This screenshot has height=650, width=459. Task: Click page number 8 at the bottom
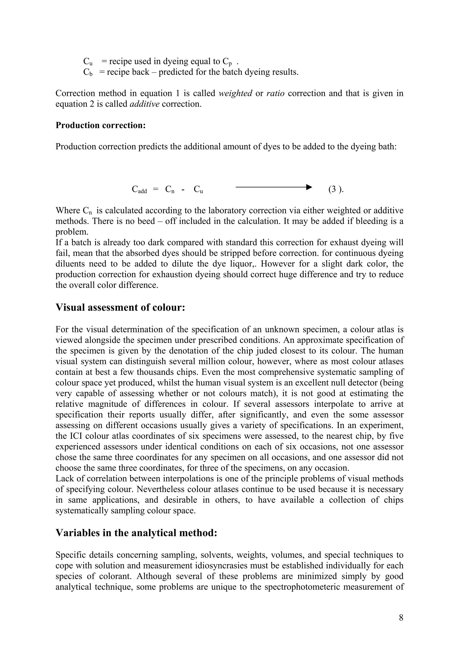401,617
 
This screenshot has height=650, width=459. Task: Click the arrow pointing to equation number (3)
273,187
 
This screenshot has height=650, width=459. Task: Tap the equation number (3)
336,189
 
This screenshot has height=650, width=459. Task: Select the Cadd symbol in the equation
139,189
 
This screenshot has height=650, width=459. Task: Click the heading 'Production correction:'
100,125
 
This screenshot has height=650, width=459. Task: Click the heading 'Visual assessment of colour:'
120,307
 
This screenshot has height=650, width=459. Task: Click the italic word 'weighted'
235,93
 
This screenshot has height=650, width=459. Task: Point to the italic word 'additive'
145,104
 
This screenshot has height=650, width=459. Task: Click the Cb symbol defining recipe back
88,72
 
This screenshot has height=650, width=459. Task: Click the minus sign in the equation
183,189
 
